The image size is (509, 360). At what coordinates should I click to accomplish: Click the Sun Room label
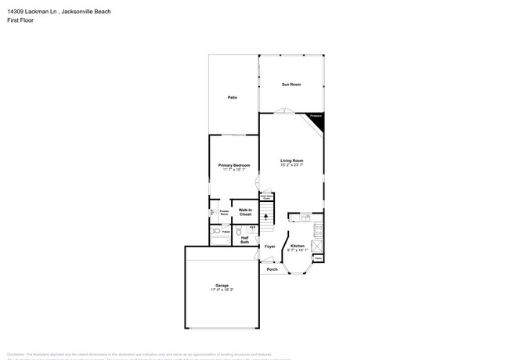(x=291, y=85)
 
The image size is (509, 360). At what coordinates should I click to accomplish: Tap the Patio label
(x=233, y=98)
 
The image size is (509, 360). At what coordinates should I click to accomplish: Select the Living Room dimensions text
(x=291, y=165)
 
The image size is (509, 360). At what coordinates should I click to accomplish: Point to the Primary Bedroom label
(x=234, y=165)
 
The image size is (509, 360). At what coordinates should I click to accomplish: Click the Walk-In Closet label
(x=245, y=212)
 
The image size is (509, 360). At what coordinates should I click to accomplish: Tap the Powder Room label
(x=224, y=212)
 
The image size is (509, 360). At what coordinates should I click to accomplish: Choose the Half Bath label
(x=245, y=240)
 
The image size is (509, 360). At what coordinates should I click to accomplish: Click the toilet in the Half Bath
(x=240, y=229)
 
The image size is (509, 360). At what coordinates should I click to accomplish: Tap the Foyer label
(x=269, y=247)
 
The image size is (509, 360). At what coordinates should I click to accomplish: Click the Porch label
(x=273, y=269)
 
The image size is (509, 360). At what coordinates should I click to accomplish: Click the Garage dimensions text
(x=222, y=290)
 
